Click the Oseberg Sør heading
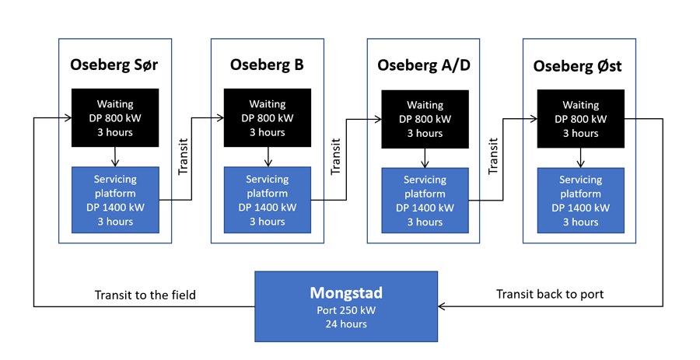pos(114,65)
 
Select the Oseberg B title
pos(267,65)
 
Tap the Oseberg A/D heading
pos(424,65)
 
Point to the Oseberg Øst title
pos(577,66)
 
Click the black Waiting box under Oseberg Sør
pos(115,117)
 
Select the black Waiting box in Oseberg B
pos(268,117)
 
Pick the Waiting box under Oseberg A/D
pos(425,119)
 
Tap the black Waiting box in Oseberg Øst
pos(581,119)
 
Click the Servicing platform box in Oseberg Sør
pos(115,200)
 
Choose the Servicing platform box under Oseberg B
pos(268,200)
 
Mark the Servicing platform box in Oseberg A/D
pos(425,201)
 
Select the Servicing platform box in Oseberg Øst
pos(581,201)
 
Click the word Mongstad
pos(346,292)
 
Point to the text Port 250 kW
pos(346,310)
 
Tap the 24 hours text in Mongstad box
pos(346,324)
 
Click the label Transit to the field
pos(145,295)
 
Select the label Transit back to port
pos(550,294)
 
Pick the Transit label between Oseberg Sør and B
pos(183,156)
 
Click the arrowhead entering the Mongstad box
pos(441,306)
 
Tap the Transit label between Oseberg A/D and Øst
pos(493,156)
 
